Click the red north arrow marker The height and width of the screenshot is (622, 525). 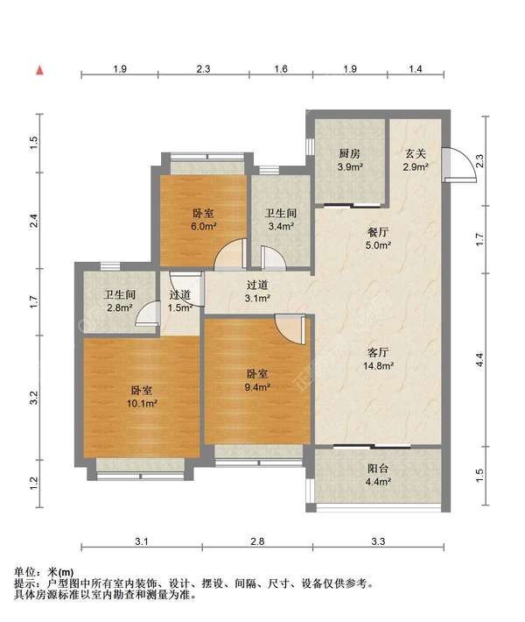(x=39, y=71)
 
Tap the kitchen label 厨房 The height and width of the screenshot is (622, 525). (x=350, y=153)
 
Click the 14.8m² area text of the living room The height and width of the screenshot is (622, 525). (x=378, y=365)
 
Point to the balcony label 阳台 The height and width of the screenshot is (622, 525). (x=378, y=469)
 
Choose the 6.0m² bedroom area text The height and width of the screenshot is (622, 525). (x=203, y=227)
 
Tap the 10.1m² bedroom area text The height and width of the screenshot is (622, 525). (x=142, y=404)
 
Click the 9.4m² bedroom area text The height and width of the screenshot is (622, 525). (x=257, y=387)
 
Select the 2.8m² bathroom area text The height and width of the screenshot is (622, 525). (x=119, y=307)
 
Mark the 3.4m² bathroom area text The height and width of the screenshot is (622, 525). (x=281, y=227)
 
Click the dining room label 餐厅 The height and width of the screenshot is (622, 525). (x=378, y=232)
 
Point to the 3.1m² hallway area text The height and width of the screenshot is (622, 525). (x=257, y=299)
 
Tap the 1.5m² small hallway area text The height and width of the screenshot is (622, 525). (x=180, y=307)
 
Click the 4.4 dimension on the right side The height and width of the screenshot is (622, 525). (x=479, y=359)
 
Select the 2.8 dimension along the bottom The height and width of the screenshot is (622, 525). (x=257, y=541)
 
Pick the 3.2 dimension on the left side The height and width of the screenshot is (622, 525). (x=33, y=398)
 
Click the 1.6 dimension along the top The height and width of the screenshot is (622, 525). (x=281, y=69)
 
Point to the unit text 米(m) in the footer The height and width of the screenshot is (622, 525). (x=60, y=572)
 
